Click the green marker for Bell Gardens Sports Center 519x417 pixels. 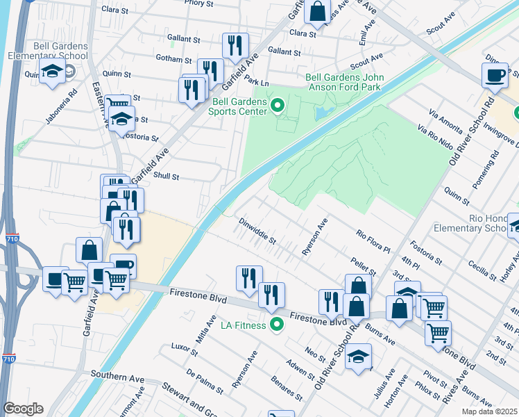coord(278,106)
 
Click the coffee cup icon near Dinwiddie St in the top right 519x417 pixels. coord(495,75)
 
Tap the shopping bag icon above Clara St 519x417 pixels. coord(317,11)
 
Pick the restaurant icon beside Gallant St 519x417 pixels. coord(235,46)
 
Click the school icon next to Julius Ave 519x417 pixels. coord(357,357)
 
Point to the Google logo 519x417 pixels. coord(23,409)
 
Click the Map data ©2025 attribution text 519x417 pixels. coord(488,411)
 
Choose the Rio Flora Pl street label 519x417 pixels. coord(374,242)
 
